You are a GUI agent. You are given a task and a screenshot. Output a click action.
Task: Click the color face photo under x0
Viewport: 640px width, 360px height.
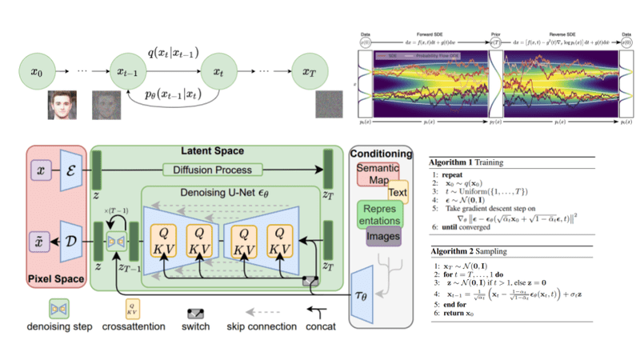58,105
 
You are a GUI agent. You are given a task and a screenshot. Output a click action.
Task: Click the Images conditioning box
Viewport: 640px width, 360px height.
383,237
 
